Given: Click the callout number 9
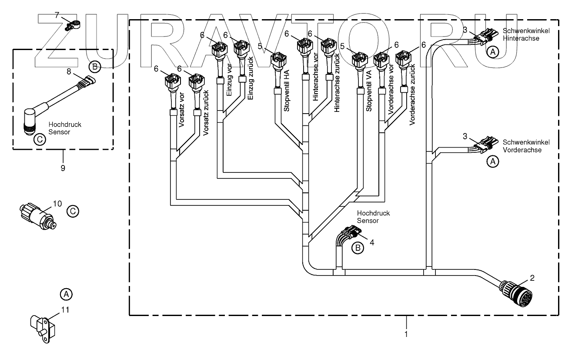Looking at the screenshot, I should [63, 168].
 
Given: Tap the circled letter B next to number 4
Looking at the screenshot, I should [358, 248].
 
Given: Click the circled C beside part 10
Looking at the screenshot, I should [73, 212].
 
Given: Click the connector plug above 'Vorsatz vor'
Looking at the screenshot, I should [170, 81].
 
